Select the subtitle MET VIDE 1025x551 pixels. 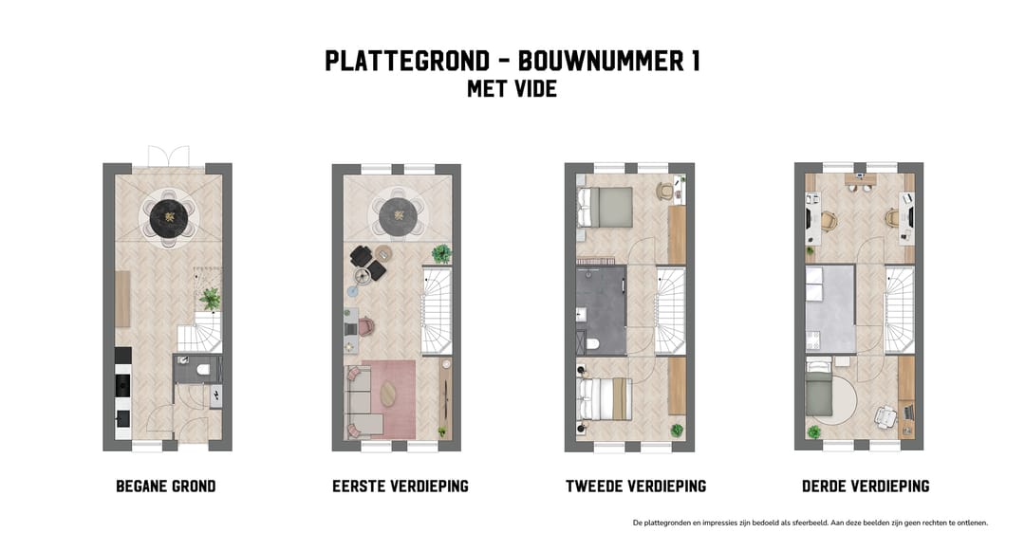(x=512, y=90)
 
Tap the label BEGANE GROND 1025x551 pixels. (x=166, y=487)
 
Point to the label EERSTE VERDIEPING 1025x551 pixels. (x=400, y=487)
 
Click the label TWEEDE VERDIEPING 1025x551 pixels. (x=636, y=487)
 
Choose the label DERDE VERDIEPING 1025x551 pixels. (x=865, y=487)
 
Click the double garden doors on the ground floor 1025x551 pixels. (x=169, y=156)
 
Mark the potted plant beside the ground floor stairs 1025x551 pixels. (x=210, y=299)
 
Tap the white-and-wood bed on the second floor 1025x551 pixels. (x=605, y=398)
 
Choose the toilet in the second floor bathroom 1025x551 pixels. (x=590, y=343)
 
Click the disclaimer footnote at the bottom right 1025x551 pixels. (x=810, y=523)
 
